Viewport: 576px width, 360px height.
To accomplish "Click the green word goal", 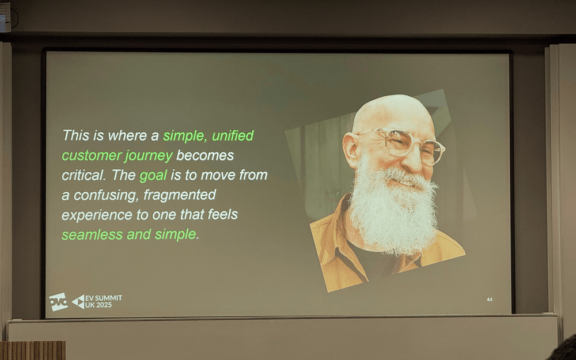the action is [x=153, y=176].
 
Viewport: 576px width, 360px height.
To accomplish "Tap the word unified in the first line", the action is [x=233, y=136].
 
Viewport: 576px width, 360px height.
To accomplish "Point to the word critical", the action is [x=84, y=175].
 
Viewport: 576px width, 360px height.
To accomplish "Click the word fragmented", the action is [x=180, y=195].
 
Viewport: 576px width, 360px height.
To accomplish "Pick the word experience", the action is [x=97, y=215].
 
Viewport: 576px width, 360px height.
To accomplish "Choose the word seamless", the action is [x=92, y=234].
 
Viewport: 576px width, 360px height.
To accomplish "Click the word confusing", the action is [x=106, y=195].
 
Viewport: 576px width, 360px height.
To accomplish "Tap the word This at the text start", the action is [x=76, y=135].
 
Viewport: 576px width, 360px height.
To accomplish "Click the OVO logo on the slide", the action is [x=58, y=302].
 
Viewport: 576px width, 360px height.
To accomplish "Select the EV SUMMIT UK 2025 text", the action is [x=103, y=301].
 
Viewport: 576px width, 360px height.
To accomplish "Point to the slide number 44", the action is [x=489, y=300].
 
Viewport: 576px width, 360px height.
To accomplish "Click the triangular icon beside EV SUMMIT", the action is [x=78, y=302].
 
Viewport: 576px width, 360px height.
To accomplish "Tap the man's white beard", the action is [x=393, y=210].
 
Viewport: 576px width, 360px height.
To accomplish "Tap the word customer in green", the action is [x=91, y=156].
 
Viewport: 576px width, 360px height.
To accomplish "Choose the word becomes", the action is [x=205, y=156].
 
